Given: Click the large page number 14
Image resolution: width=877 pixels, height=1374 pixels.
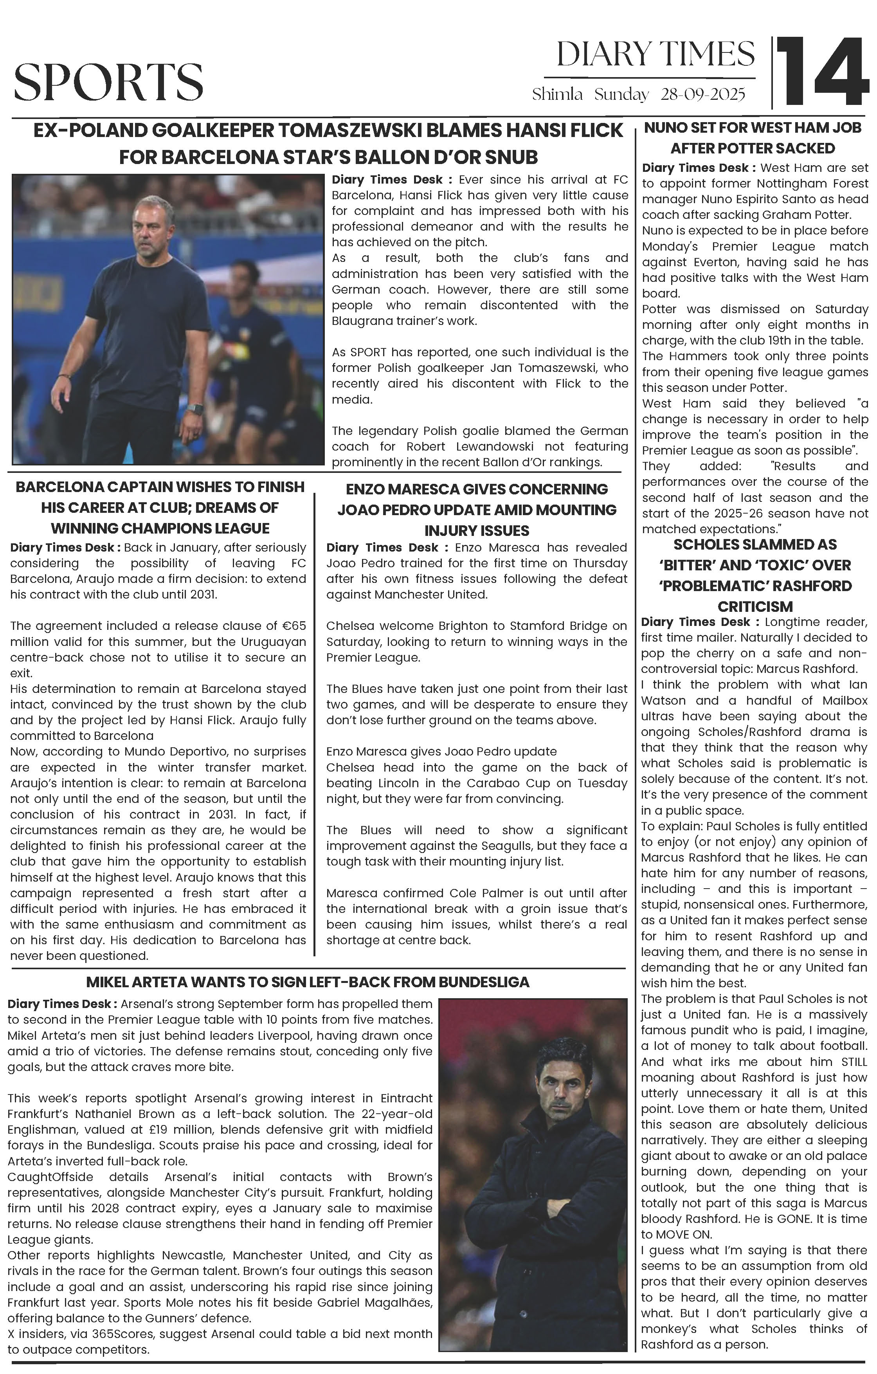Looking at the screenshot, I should [822, 72].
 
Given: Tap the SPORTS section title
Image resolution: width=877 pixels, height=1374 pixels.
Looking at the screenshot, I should [108, 82].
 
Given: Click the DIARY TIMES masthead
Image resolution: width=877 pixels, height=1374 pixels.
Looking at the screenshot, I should [655, 55].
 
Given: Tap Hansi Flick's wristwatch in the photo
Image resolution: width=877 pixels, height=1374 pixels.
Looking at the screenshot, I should [196, 409].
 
